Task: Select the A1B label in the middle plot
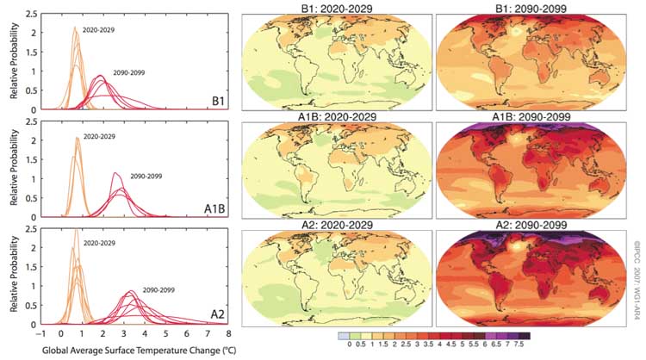point(215,208)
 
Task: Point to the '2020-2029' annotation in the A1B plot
point(100,138)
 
